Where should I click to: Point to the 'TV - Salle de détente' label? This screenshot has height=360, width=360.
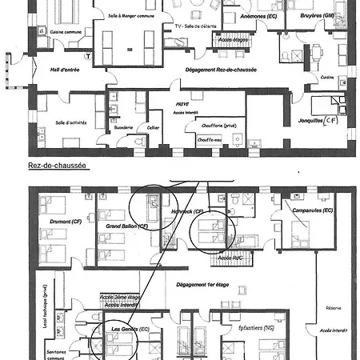click(x=190, y=26)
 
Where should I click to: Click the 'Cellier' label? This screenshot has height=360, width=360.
click(x=152, y=127)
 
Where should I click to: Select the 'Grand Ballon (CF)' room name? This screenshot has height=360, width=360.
click(x=127, y=226)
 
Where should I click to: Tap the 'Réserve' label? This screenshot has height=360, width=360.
click(x=333, y=306)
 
